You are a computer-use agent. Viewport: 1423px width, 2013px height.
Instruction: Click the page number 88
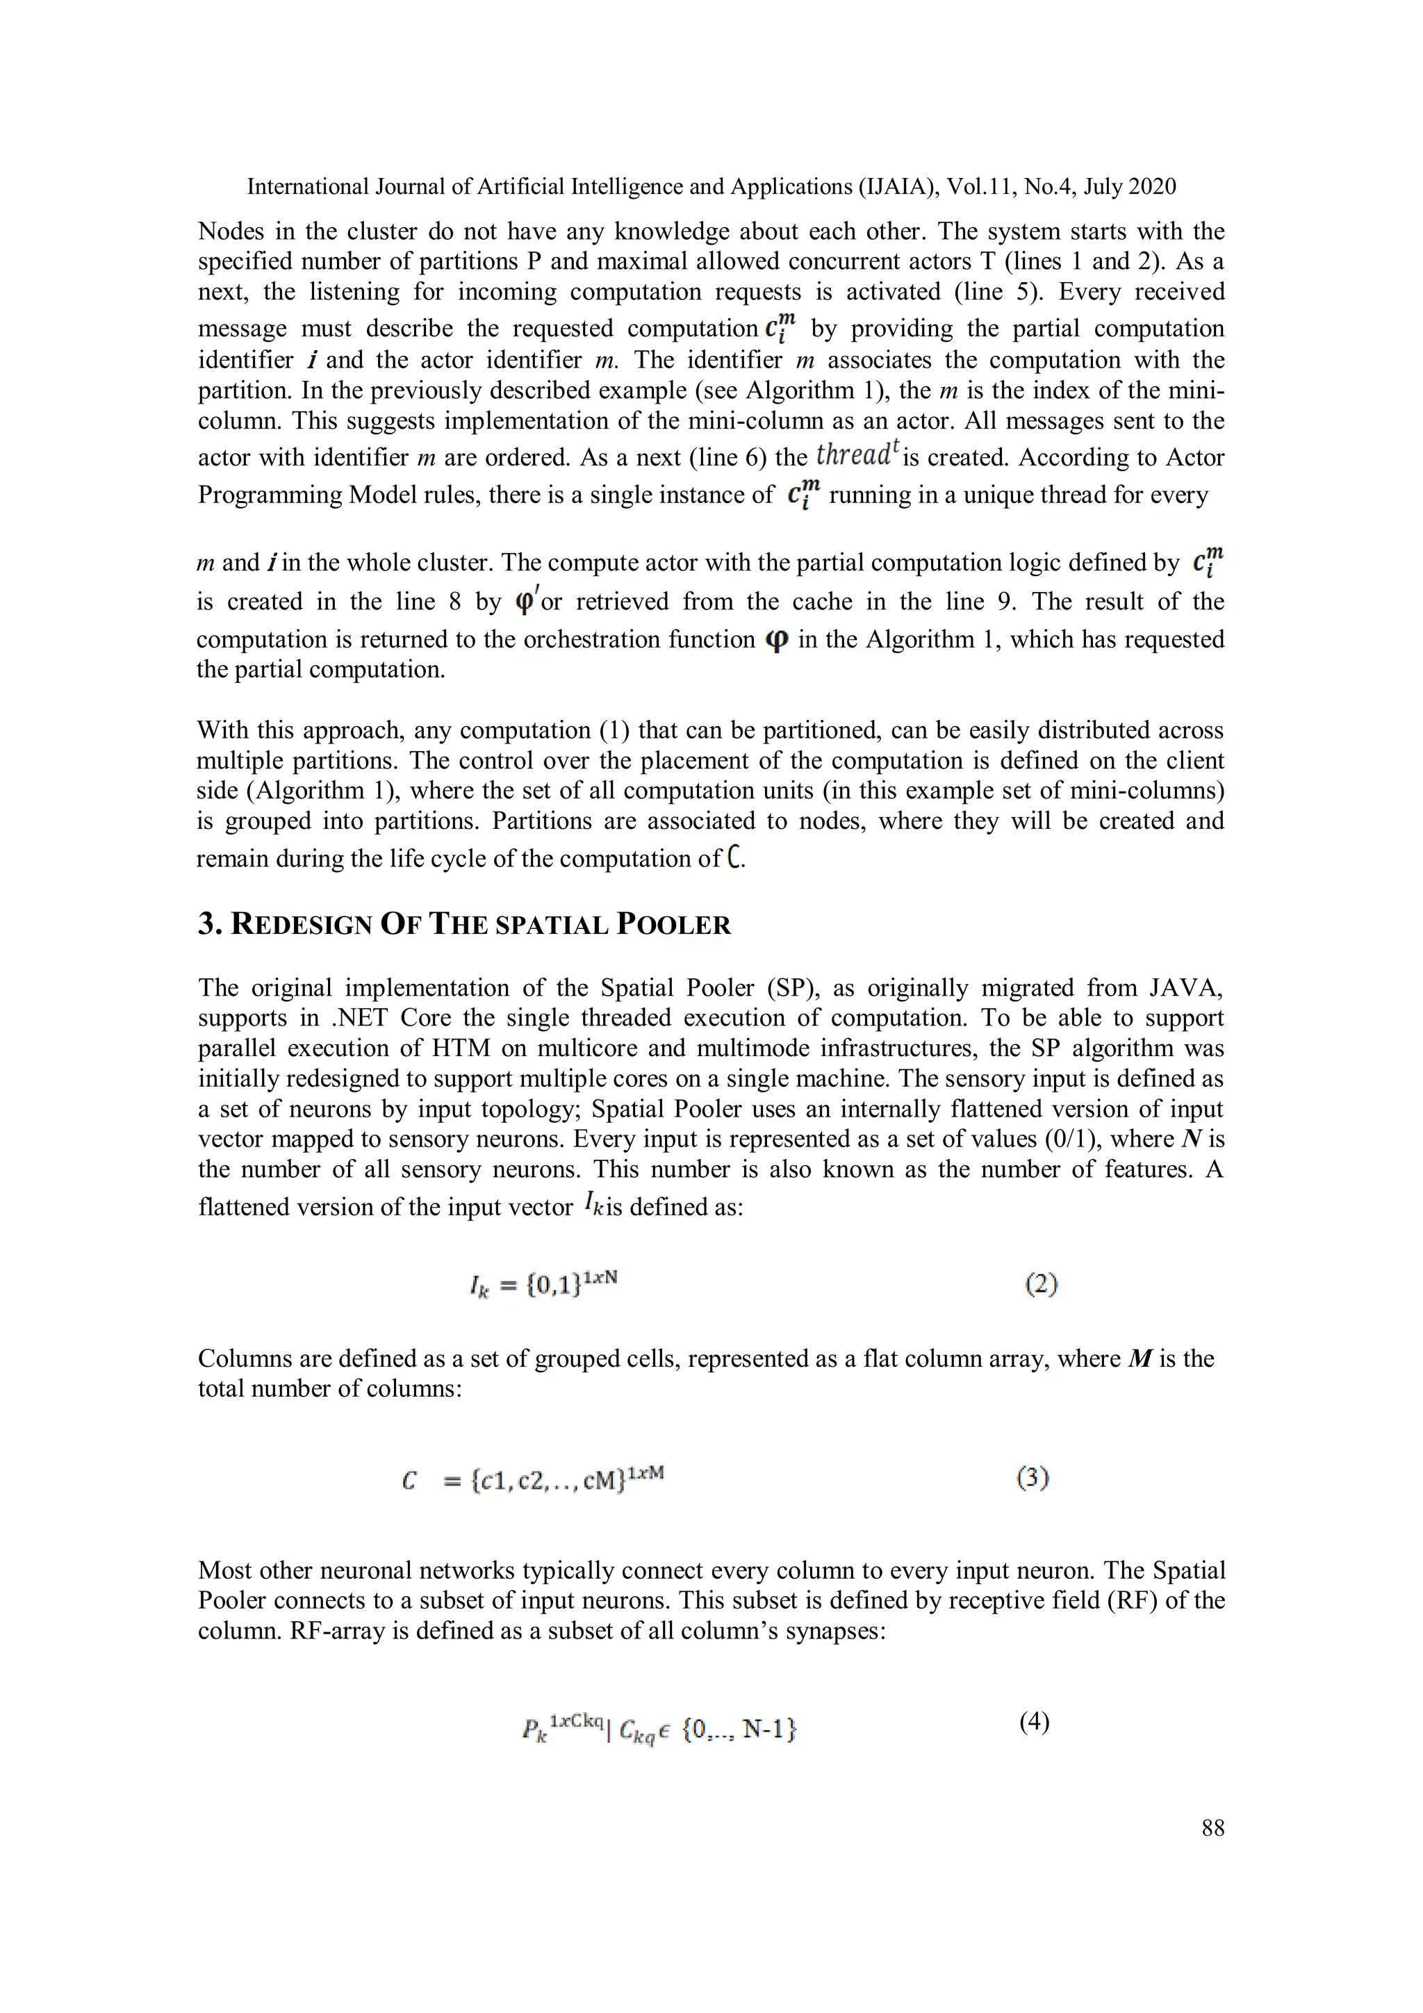(x=1212, y=1828)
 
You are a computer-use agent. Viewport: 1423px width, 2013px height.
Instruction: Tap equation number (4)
(x=1034, y=1722)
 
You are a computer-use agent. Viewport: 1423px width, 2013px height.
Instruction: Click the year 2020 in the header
(x=1152, y=187)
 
